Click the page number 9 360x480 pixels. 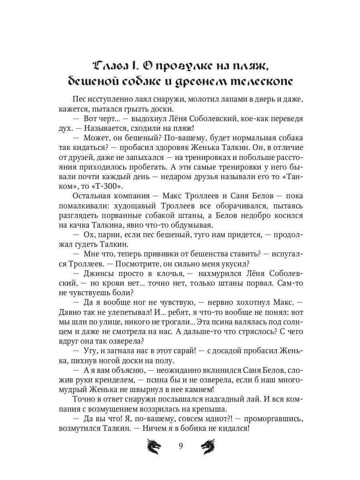[x=180, y=446]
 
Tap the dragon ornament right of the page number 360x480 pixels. [x=208, y=446]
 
